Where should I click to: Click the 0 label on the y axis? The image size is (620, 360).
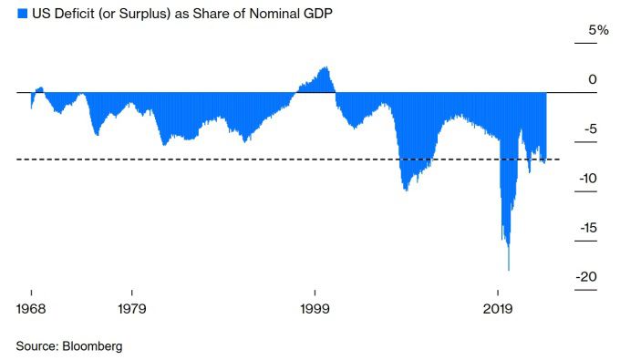tap(592, 80)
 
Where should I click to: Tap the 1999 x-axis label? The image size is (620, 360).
tap(315, 309)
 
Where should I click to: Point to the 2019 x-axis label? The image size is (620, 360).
tap(498, 309)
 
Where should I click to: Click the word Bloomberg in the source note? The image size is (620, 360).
tap(92, 346)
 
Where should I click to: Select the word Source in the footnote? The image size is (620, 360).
tap(36, 346)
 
